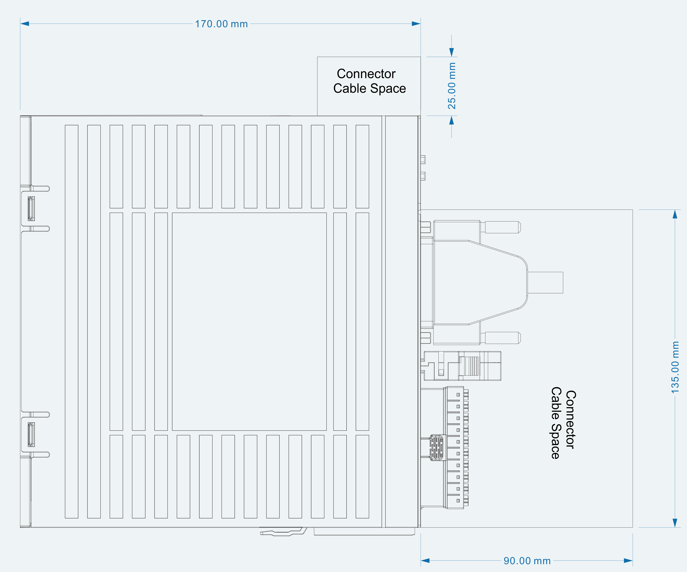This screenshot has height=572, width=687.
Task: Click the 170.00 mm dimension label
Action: point(221,24)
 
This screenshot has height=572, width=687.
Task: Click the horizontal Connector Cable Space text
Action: point(369,81)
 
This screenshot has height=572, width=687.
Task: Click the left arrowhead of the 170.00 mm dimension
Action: point(25,24)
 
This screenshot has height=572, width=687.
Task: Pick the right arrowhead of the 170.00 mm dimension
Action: point(416,24)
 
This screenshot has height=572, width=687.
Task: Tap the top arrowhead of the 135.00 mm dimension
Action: point(675,214)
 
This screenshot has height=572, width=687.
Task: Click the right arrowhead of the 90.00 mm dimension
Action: point(628,561)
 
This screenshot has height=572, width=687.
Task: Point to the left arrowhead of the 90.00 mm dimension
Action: point(425,561)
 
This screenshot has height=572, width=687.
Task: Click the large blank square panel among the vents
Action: point(249,321)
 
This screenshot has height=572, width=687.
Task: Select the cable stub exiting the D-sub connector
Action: point(545,283)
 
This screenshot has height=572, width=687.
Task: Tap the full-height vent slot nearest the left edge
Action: point(72,321)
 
